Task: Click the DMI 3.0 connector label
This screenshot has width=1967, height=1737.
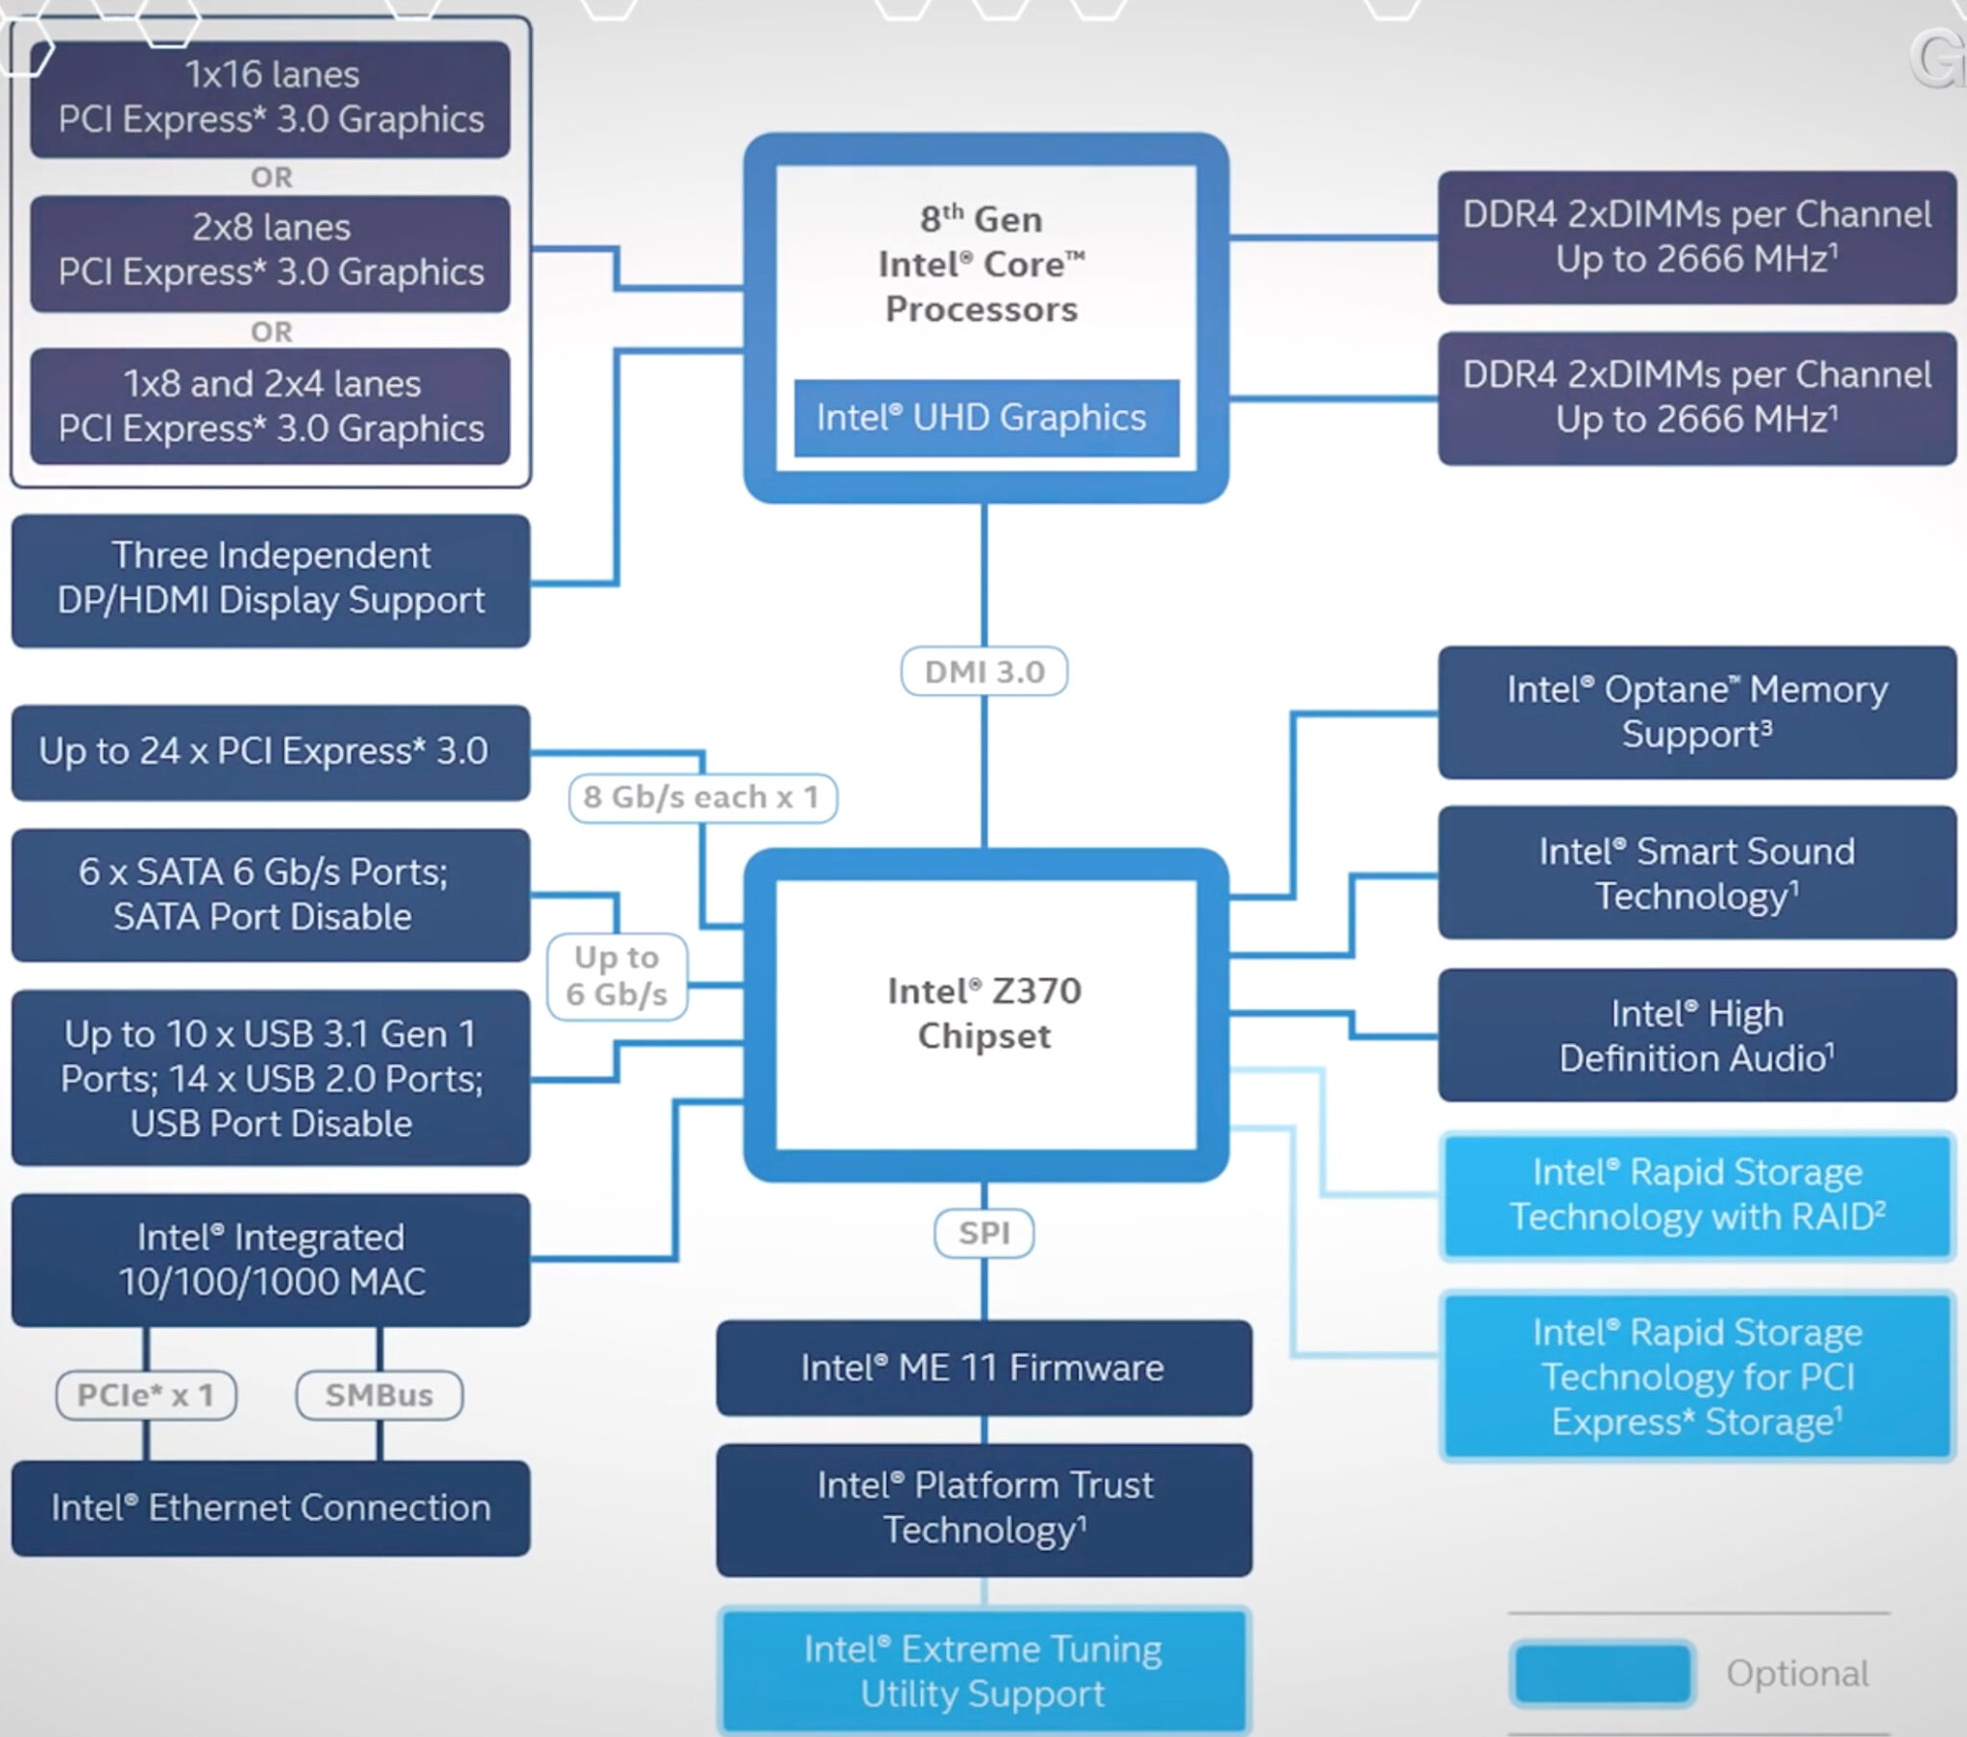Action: click(983, 672)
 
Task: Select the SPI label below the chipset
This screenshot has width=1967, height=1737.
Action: click(983, 1233)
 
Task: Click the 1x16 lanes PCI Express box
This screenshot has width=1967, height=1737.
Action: click(271, 97)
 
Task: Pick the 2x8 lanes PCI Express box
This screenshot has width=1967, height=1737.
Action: click(271, 252)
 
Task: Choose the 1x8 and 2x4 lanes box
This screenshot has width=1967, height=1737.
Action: click(271, 406)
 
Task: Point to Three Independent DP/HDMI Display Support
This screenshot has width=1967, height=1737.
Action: click(271, 578)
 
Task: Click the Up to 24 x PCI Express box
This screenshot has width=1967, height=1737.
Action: click(271, 752)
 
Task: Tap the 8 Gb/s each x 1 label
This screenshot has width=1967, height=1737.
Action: click(701, 798)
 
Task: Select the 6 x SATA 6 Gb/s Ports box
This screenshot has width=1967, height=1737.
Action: click(271, 894)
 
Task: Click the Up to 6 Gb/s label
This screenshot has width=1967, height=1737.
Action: click(617, 976)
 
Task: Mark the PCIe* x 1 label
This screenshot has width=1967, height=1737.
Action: click(146, 1395)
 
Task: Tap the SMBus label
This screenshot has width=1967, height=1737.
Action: click(379, 1395)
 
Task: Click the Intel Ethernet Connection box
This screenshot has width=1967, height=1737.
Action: click(271, 1508)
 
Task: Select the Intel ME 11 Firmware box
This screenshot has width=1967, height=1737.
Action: click(983, 1367)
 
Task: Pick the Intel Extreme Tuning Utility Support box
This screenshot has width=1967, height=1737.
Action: click(983, 1672)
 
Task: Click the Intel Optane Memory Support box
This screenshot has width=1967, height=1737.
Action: click(1696, 712)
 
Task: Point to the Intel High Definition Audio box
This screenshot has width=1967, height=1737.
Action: click(1696, 1035)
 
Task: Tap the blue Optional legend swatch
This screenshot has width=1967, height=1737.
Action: click(1601, 1674)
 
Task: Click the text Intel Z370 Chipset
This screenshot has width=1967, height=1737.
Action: click(983, 1013)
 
